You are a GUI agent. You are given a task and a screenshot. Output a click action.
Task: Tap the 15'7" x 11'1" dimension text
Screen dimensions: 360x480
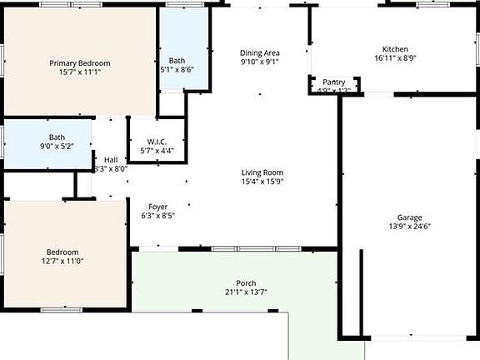point(80,73)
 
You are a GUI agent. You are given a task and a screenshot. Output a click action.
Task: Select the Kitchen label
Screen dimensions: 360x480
point(395,49)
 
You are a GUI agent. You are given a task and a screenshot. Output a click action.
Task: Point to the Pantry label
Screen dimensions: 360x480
point(334,82)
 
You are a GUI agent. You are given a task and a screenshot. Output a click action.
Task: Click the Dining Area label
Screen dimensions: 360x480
point(260,52)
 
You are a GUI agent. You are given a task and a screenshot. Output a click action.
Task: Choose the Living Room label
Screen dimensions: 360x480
point(262,172)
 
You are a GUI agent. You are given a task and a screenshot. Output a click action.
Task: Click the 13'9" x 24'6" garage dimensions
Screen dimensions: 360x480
point(409,226)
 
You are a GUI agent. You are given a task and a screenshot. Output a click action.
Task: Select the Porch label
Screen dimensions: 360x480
point(246,283)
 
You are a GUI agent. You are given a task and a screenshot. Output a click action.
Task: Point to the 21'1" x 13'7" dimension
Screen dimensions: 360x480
point(246,292)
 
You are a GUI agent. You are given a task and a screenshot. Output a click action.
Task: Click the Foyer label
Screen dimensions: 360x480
point(157,207)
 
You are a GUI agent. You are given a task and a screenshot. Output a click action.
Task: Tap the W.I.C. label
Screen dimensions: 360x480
point(157,141)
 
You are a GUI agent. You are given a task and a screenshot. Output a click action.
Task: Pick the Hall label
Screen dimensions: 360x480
point(111,160)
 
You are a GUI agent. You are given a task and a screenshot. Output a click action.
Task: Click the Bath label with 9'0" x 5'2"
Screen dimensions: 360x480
point(57,137)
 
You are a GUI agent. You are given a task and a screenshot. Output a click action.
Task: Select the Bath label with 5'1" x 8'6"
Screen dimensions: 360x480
point(177,61)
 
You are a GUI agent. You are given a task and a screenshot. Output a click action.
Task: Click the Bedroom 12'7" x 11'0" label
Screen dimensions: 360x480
point(62,252)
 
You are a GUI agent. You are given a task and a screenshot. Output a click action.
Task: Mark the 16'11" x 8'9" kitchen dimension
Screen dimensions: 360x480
point(395,58)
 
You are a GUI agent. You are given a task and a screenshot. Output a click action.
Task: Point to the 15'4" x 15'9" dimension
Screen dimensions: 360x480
point(262,182)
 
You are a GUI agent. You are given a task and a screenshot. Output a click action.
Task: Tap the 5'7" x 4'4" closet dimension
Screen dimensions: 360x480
point(157,150)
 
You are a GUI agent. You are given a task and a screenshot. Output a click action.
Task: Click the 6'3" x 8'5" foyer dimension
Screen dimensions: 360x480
point(157,216)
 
